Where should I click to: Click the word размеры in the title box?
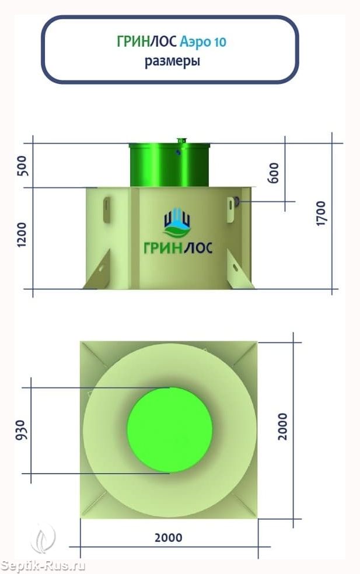tap(172, 61)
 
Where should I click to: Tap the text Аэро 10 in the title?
tap(203, 42)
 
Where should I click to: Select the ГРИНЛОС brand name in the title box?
tap(147, 42)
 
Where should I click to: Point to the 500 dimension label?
tap(22, 166)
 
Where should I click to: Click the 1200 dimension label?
tap(22, 235)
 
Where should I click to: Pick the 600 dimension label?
tap(274, 173)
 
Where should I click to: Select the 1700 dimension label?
tap(320, 213)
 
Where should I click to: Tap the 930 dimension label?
tap(23, 430)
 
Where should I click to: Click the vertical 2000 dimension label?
tap(282, 426)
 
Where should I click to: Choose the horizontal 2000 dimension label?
tap(169, 538)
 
